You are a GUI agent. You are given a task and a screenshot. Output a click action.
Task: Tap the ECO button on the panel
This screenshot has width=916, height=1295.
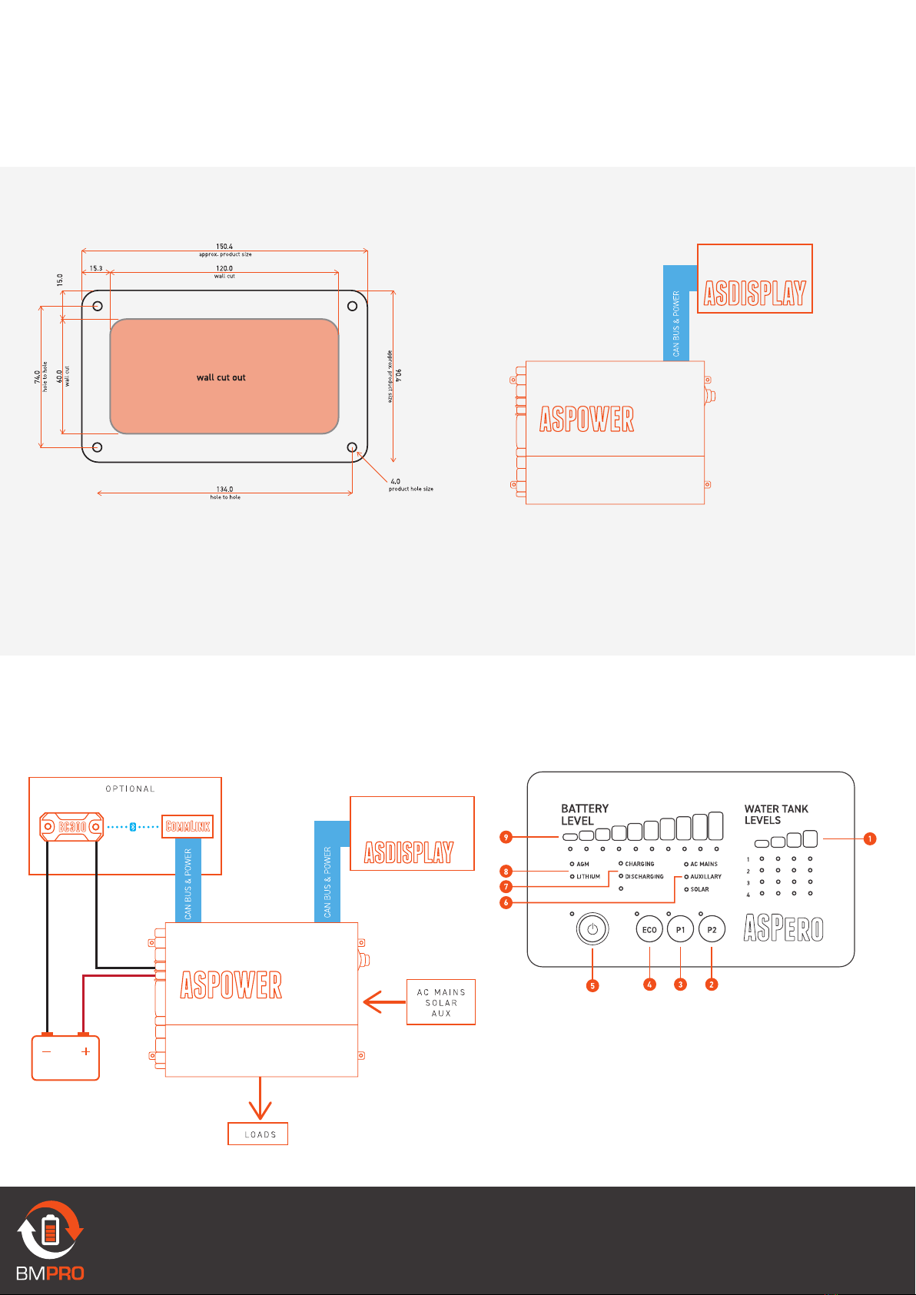click(x=649, y=930)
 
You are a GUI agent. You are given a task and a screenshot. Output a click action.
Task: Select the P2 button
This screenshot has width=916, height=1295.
click(x=712, y=930)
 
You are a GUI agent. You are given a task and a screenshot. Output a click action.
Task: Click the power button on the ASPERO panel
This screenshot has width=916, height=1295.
click(x=592, y=929)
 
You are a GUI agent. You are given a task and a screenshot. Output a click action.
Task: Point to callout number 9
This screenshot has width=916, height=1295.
click(x=506, y=837)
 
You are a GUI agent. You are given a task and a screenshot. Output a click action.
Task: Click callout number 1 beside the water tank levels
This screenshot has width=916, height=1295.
click(x=870, y=838)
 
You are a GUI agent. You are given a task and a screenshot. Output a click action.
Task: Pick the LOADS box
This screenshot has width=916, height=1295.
click(x=258, y=1134)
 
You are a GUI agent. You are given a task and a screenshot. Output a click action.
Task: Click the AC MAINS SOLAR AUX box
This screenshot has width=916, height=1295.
click(x=441, y=1002)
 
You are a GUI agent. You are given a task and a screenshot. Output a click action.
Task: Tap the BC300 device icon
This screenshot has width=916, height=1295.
click(x=71, y=827)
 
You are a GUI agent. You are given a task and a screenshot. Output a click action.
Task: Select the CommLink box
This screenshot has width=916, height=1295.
click(x=188, y=827)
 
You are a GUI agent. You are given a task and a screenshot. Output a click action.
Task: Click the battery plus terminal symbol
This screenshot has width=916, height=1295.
click(x=85, y=1051)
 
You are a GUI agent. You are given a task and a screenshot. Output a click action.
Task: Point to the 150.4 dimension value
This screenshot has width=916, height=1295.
click(x=224, y=247)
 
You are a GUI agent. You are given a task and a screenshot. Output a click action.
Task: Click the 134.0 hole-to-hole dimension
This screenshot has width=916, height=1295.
click(x=224, y=489)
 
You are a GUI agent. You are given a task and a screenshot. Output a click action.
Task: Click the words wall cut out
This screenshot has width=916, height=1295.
click(x=221, y=377)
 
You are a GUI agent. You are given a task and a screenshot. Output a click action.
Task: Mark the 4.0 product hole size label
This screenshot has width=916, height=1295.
click(x=395, y=482)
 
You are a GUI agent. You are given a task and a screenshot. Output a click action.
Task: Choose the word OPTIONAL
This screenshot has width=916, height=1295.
click(x=130, y=789)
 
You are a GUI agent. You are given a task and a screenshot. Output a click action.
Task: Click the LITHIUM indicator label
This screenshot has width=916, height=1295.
click(x=588, y=877)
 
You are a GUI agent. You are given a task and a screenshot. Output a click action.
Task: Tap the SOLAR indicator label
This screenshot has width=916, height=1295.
click(x=699, y=889)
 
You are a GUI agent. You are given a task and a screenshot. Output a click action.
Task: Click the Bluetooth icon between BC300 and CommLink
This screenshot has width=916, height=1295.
click(x=132, y=827)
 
